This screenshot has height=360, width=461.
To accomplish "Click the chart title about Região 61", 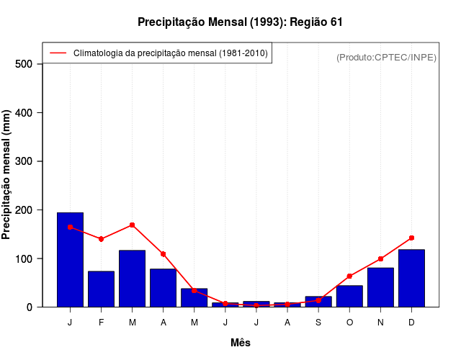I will click(240, 22).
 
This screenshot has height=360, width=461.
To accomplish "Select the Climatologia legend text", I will click(171, 53).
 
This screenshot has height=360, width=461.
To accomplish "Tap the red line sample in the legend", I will click(58, 53).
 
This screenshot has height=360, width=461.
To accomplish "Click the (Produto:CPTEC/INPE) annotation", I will click(386, 57).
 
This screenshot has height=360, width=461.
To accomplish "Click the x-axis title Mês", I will click(241, 343).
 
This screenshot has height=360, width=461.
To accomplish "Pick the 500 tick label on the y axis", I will click(24, 64).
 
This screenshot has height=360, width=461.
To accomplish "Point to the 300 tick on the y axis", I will click(24, 161).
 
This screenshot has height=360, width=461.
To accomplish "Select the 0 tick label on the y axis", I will click(30, 307).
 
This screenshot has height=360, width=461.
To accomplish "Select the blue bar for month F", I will click(101, 289).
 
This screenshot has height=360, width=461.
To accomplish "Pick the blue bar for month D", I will click(411, 278).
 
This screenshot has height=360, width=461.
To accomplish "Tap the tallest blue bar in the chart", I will click(70, 259).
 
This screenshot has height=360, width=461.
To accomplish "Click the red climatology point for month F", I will click(101, 239).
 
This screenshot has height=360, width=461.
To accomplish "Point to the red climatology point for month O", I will click(349, 276).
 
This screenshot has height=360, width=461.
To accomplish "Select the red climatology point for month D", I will click(411, 238).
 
